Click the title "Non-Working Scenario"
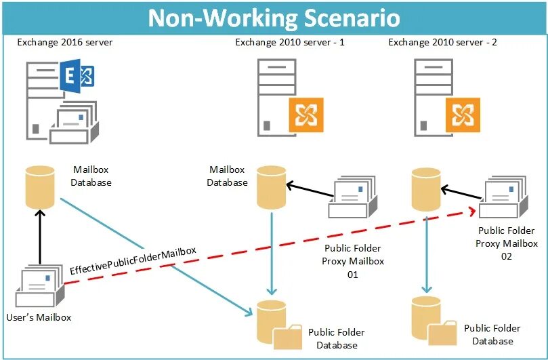274,18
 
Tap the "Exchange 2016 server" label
65,42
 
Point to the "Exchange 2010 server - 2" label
443,42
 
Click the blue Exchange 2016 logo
77,79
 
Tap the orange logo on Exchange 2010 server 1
306,115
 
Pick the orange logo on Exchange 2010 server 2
462,115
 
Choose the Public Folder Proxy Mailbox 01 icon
353,199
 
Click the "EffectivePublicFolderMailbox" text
133,260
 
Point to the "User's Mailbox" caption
39,317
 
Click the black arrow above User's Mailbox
40,237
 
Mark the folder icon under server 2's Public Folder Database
444,332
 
